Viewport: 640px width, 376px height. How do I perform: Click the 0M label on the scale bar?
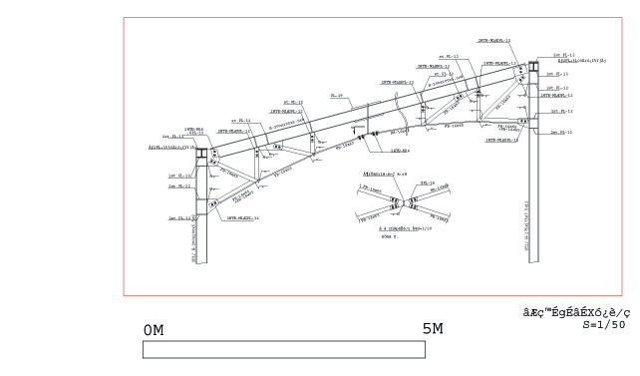(x=154, y=330)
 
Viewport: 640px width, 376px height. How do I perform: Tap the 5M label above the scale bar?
(x=432, y=329)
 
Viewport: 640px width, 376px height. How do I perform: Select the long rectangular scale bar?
(x=284, y=349)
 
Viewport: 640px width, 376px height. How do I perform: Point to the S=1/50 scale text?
(x=604, y=325)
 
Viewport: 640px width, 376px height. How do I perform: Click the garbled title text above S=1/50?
(x=577, y=312)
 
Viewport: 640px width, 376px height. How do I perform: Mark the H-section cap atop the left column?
(x=202, y=155)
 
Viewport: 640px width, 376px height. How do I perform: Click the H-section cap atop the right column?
(x=533, y=68)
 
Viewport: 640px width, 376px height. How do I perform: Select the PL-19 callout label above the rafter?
(x=337, y=97)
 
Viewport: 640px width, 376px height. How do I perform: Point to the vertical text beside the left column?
(x=193, y=240)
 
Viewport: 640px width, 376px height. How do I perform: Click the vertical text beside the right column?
(x=527, y=224)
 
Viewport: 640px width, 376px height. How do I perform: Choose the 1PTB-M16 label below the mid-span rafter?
(x=401, y=150)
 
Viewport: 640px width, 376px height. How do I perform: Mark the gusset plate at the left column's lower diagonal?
(x=212, y=203)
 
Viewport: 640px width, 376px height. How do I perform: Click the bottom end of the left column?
(x=202, y=263)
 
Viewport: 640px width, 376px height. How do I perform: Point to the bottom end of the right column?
(x=533, y=263)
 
